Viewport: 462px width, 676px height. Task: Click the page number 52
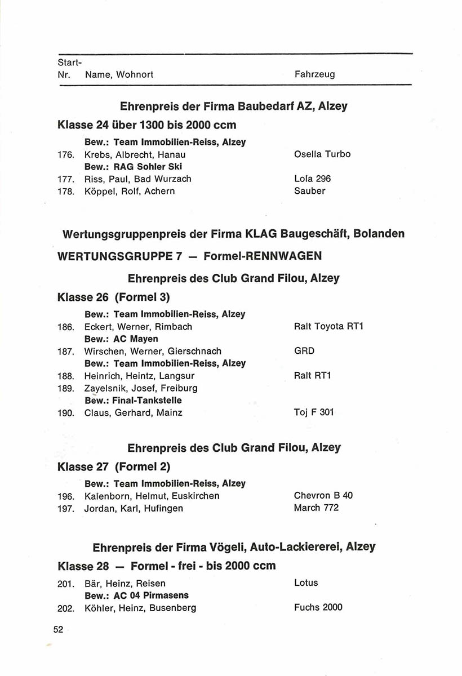click(x=59, y=630)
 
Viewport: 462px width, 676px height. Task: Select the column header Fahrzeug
click(x=314, y=74)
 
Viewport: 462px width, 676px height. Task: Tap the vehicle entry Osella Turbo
click(x=322, y=154)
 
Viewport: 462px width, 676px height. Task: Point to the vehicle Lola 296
click(x=312, y=179)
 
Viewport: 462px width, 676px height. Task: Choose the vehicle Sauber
click(x=309, y=192)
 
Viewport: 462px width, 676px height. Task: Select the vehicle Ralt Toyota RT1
click(x=328, y=327)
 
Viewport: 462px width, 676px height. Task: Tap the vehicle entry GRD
click(x=304, y=351)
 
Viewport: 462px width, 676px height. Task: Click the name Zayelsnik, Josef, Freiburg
click(x=140, y=388)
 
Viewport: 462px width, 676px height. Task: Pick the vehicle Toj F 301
click(x=314, y=412)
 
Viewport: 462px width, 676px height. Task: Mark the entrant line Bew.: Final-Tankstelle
click(x=133, y=401)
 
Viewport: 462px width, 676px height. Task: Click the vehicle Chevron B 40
click(x=323, y=496)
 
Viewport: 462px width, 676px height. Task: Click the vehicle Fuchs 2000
click(x=318, y=607)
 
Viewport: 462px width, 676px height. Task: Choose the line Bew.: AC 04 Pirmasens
click(x=136, y=595)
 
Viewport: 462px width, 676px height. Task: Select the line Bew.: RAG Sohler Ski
click(x=133, y=167)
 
